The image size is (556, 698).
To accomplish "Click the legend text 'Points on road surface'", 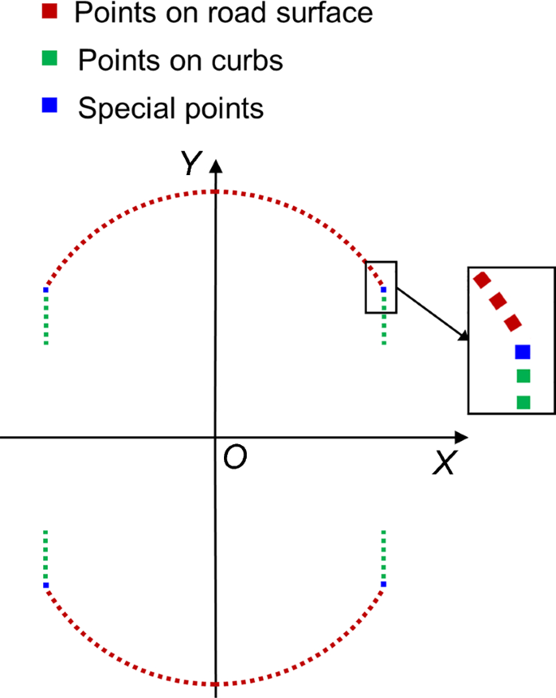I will tap(223, 13).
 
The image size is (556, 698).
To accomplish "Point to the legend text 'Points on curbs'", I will tap(181, 60).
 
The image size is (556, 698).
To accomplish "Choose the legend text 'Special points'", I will tap(170, 107).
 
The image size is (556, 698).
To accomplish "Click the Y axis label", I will tap(190, 165).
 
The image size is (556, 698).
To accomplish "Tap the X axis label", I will tap(443, 463).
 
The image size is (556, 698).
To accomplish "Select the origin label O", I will tap(235, 458).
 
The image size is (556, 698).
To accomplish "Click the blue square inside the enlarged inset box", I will tap(523, 351).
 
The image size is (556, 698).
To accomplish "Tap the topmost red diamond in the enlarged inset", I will tap(481, 280).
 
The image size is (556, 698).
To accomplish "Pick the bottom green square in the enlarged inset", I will tap(524, 401).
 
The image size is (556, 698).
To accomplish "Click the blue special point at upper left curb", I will tap(46, 289).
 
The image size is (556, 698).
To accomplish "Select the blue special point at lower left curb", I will tap(46, 585).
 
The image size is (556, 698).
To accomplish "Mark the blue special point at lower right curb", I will tap(384, 584).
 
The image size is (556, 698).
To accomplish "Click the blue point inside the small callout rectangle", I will tap(384, 289).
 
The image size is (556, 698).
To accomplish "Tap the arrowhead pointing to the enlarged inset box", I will tap(463, 336).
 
